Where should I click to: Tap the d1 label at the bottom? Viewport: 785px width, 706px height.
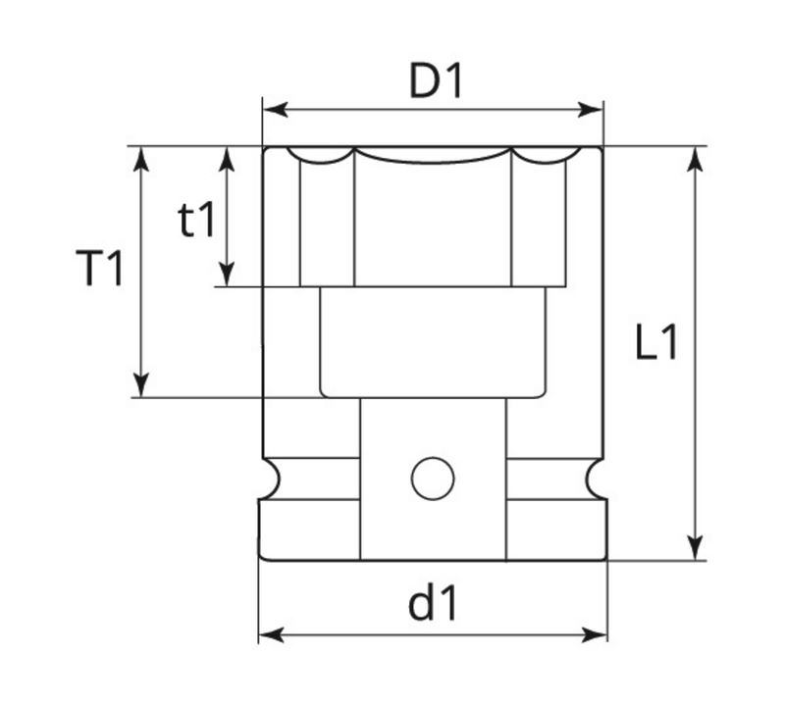433,605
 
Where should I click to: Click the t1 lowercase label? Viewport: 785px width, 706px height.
196,222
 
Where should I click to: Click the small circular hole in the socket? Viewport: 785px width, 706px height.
433,479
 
